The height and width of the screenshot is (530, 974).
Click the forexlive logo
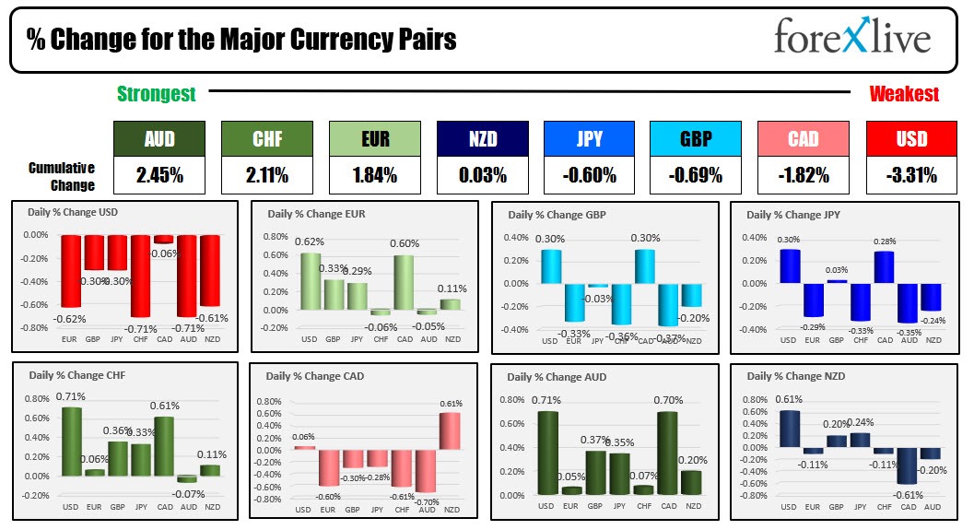(851, 37)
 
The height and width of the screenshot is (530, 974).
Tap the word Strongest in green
(157, 94)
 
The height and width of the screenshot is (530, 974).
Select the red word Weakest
(904, 94)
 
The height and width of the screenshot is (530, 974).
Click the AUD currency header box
(159, 139)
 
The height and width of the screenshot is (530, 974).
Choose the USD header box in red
(912, 139)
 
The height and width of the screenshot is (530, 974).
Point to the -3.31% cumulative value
(912, 174)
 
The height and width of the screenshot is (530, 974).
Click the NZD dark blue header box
(482, 139)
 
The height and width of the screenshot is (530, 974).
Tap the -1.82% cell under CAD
(804, 174)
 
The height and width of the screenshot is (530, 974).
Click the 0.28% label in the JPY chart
(885, 242)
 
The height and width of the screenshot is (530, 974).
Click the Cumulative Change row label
(62, 176)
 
